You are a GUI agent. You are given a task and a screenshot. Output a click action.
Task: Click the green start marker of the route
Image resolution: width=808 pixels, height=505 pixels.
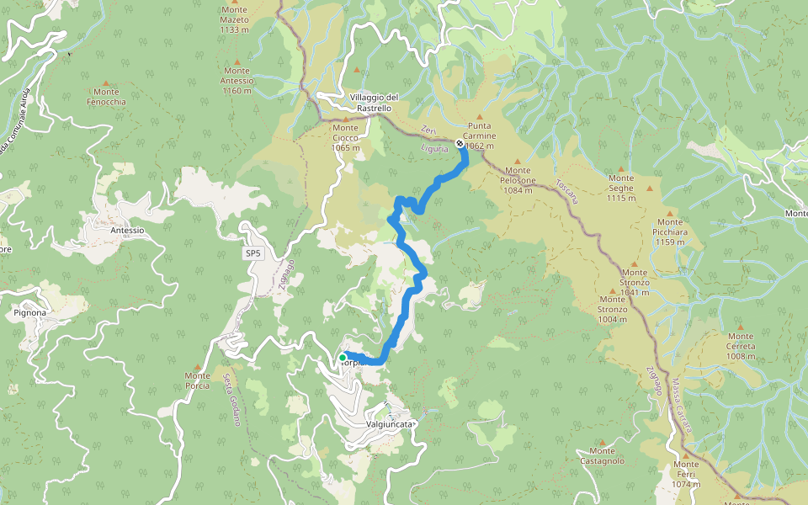[343, 358]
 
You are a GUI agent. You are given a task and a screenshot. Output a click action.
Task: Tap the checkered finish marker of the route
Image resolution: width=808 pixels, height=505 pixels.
[459, 144]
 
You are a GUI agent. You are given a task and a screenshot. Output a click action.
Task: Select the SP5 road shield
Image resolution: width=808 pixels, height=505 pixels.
[253, 252]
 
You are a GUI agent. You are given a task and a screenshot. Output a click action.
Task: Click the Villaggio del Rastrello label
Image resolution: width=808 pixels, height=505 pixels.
[375, 103]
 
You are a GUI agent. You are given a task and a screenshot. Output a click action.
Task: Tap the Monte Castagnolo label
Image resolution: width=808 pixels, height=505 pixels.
[603, 455]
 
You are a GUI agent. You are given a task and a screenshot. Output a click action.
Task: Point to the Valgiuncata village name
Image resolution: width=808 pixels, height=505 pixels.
[391, 425]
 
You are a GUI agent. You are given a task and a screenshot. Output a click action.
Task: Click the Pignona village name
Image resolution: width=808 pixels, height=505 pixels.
[30, 313]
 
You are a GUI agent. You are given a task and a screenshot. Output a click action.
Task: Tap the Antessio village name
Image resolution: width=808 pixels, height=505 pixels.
[127, 230]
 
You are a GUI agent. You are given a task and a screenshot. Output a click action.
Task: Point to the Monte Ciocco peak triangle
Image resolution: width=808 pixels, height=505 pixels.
[345, 120]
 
